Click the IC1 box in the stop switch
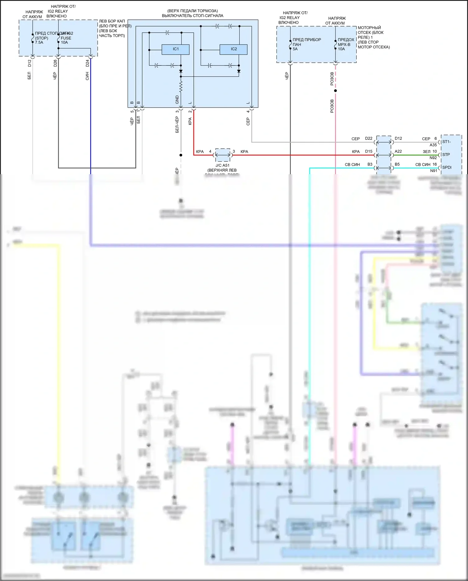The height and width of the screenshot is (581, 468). (175, 49)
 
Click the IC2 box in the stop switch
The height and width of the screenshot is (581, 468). (233, 49)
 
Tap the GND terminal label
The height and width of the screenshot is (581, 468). (177, 100)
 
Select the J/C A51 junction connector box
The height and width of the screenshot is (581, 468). (223, 155)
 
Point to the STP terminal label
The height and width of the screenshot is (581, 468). (446, 155)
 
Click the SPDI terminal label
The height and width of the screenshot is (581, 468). (447, 167)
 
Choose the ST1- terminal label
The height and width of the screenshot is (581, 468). (446, 142)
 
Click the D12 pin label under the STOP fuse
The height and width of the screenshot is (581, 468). (30, 63)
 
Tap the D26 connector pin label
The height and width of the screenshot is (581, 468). (55, 63)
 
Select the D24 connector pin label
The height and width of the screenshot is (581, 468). (87, 63)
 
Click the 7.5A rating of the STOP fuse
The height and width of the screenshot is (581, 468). (39, 42)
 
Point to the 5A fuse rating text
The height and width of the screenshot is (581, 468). (295, 49)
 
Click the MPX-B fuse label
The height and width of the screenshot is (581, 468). (344, 44)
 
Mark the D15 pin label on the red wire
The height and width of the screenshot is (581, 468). (369, 151)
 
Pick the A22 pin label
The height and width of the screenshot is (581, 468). (398, 151)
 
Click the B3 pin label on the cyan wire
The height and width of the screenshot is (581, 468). (370, 164)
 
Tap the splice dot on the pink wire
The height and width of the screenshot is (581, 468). (335, 91)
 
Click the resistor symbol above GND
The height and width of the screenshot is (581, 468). (181, 86)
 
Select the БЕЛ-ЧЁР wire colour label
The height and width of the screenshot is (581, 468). (177, 125)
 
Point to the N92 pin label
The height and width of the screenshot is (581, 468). (433, 158)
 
